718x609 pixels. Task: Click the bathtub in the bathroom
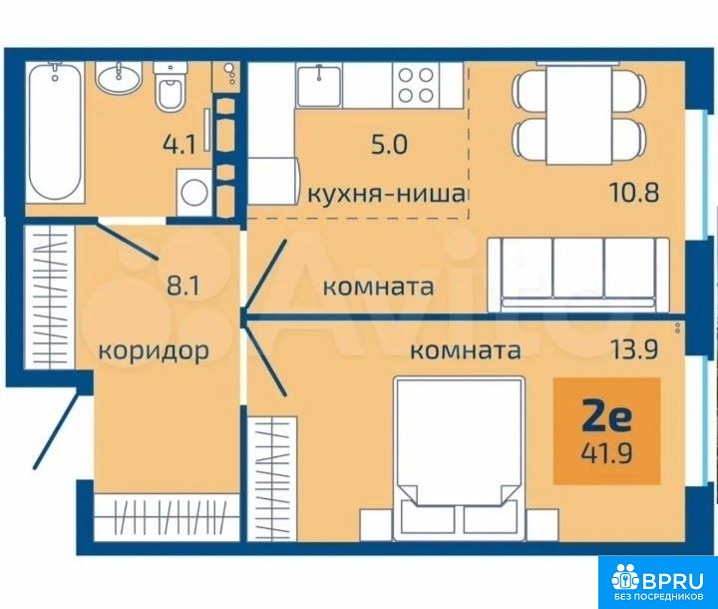56,132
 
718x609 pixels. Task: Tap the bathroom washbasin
118,78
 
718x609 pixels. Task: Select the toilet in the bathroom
170,86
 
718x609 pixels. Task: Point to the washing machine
194,192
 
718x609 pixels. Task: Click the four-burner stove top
416,85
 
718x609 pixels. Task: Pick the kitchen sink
319,85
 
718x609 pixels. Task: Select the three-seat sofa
578,275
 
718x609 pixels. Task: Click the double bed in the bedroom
460,458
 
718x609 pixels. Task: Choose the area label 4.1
179,145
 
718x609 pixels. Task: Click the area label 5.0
389,145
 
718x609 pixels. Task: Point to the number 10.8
634,193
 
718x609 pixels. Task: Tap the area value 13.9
633,349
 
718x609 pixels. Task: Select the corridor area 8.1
182,287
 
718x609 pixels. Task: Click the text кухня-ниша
386,194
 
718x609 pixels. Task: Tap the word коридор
154,351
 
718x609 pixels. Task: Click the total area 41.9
606,454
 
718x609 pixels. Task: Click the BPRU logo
658,582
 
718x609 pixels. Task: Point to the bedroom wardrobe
272,478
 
